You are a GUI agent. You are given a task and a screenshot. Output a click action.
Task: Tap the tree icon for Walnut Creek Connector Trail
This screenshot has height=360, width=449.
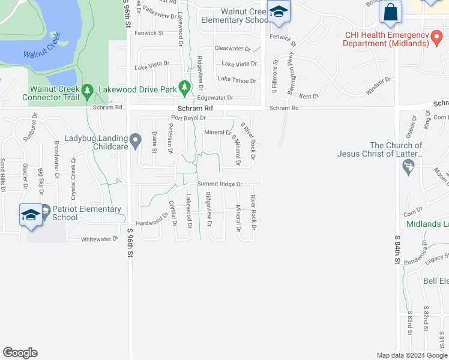[x=88, y=92]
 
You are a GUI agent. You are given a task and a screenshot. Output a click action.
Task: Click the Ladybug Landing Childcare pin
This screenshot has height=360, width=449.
[x=136, y=142]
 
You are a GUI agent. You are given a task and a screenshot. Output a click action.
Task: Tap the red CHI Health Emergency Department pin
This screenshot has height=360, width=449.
[x=439, y=38]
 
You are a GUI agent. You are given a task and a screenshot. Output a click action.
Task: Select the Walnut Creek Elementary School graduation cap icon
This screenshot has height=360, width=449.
[x=279, y=13]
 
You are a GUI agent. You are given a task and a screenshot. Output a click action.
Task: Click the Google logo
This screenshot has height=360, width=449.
[x=20, y=353]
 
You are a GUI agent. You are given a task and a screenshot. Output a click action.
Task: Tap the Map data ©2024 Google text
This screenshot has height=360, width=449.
[x=411, y=355]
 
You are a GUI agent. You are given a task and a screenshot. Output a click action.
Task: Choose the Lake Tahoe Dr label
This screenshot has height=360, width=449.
[x=237, y=80]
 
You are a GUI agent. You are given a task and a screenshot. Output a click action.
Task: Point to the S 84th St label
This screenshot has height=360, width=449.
[x=397, y=246]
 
